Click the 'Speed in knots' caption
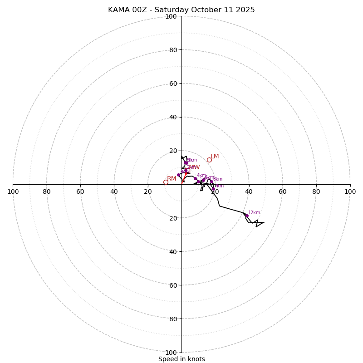181,359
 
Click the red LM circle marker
209,160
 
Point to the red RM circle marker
166,182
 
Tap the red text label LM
215,157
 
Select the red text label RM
172,179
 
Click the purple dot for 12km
246,216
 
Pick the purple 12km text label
254,212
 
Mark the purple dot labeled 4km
195,178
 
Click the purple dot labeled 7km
213,189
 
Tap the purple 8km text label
218,179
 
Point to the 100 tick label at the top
171,16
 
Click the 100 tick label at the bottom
171,353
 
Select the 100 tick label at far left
13,191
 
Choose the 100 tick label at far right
350,191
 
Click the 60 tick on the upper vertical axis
173,83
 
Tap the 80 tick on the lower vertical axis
173,319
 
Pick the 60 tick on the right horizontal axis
283,191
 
